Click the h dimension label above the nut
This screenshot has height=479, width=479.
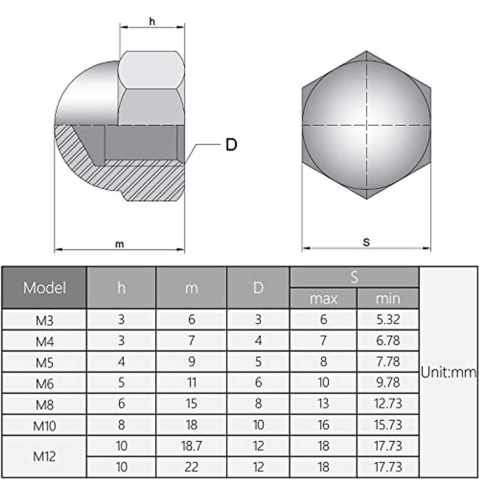pos(152,22)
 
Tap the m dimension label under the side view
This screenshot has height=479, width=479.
pos(120,244)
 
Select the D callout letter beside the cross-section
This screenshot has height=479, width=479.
pos(231,144)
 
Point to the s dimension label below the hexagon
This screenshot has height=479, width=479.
pos(366,242)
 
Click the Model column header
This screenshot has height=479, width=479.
pos(44,288)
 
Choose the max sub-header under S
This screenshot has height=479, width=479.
pos(323,299)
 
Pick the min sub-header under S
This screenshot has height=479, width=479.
pos(388,299)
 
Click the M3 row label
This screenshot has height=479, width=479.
pos(44,321)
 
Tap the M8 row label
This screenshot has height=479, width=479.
pos(44,405)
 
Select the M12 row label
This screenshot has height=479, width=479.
pos(44,456)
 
